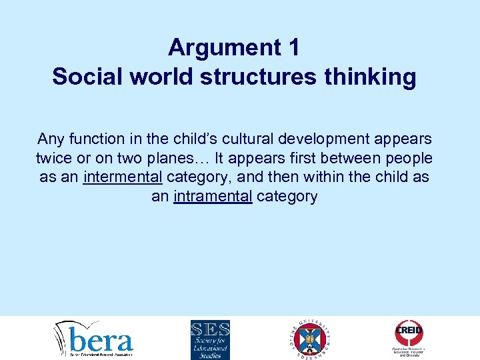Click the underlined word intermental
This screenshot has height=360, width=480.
[x=123, y=178]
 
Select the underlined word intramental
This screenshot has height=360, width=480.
[x=213, y=197]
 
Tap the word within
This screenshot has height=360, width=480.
[x=341, y=178]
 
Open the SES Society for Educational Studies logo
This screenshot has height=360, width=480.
[x=210, y=339]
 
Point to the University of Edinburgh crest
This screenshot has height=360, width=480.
[x=311, y=339]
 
